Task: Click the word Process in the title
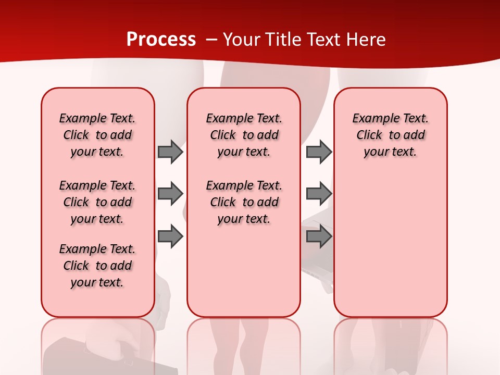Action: pos(161,40)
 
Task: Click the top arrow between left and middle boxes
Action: pos(170,152)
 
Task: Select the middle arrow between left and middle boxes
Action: pos(170,194)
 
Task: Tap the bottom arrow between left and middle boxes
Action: pos(170,236)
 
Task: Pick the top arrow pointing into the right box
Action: pos(319,152)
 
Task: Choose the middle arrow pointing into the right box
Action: pos(319,194)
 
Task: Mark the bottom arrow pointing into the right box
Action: pos(319,236)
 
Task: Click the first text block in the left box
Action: pos(97,135)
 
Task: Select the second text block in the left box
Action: pos(97,202)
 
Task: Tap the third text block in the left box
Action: pos(97,266)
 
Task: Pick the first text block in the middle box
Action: pos(244,135)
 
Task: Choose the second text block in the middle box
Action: pos(244,202)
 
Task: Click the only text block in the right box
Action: pos(390,135)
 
